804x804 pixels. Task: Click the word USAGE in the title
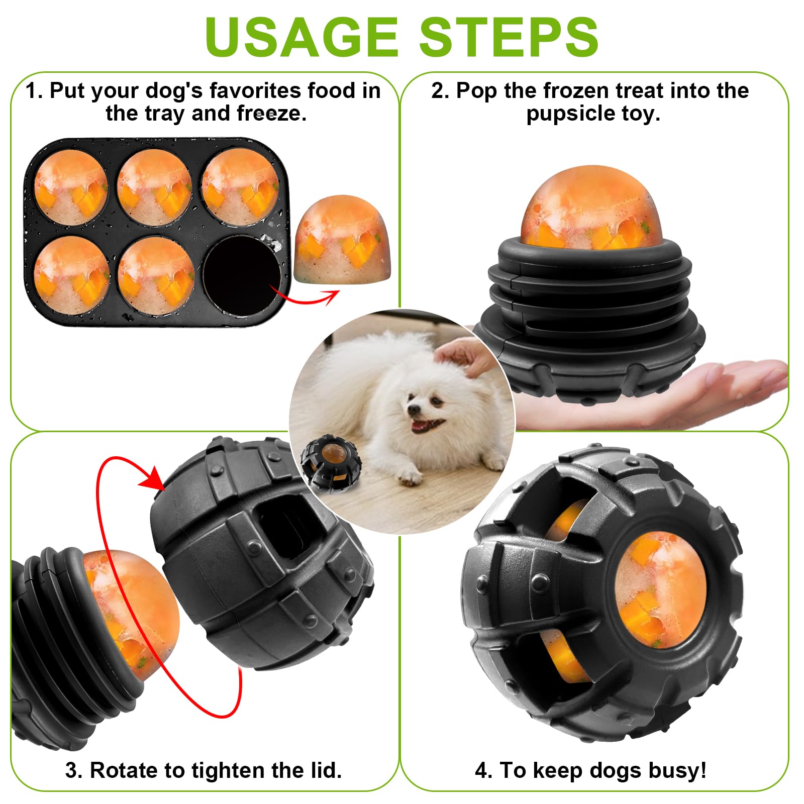301,37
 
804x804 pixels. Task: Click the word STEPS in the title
509,37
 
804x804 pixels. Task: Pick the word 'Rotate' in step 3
123,770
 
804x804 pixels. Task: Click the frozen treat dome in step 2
592,208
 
